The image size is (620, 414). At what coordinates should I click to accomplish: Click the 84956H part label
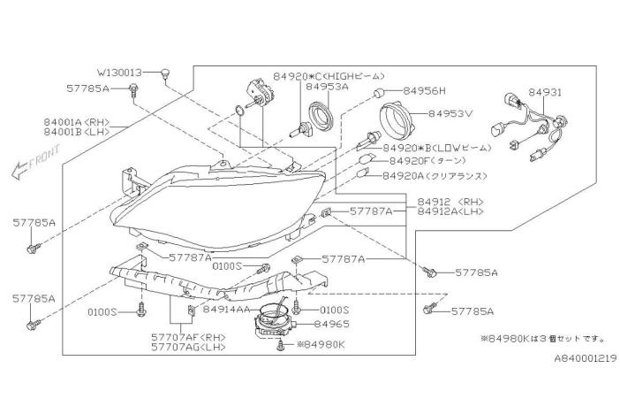(425, 91)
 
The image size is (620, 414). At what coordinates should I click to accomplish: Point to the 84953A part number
(327, 88)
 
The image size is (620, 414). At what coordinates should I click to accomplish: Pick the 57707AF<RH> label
(188, 337)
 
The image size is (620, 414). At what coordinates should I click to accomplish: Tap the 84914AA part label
(229, 310)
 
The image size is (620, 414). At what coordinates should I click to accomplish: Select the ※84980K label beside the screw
(326, 344)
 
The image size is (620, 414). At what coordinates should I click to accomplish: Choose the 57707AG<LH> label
(188, 348)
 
